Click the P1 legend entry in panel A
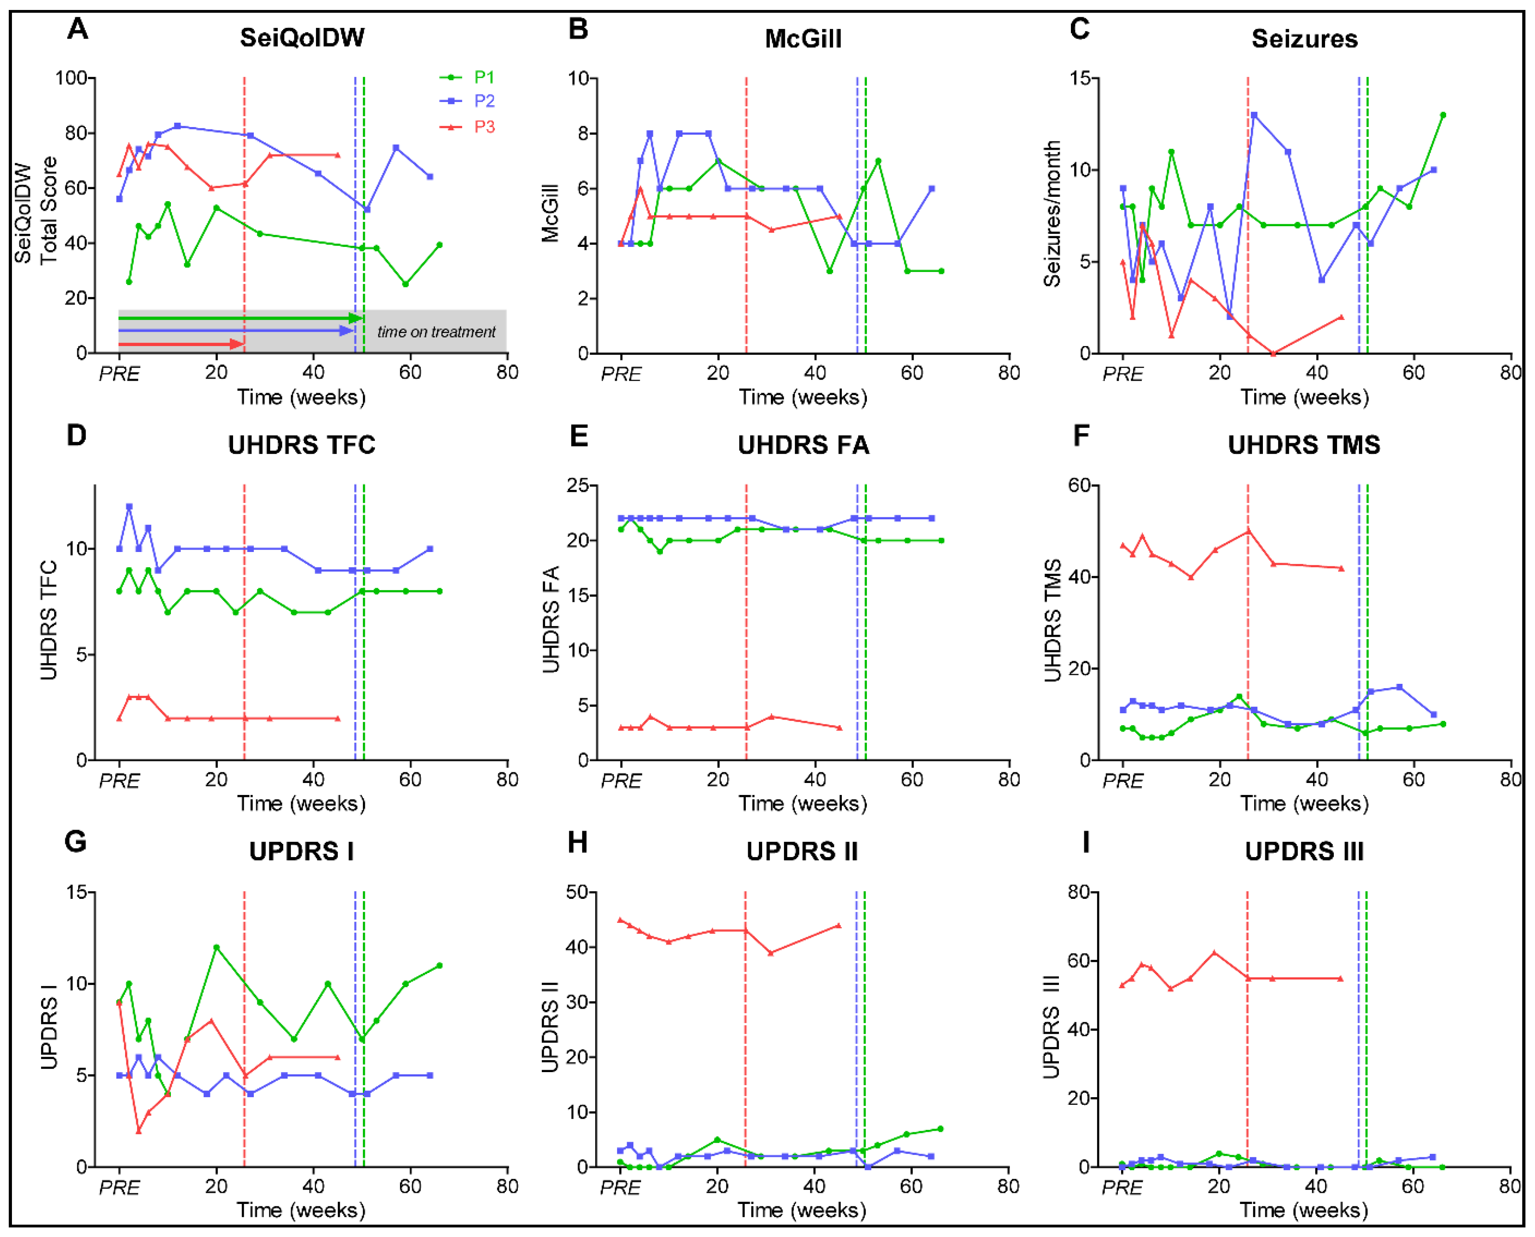[467, 77]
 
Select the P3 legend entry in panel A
[467, 127]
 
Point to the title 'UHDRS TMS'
[1304, 444]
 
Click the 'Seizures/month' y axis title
[1052, 214]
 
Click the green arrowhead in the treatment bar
[356, 318]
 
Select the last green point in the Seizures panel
[1443, 115]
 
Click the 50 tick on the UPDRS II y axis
[577, 892]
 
